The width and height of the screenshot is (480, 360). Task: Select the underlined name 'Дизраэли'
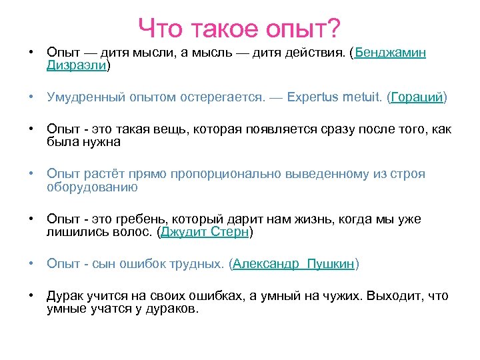pyautogui.click(x=76, y=65)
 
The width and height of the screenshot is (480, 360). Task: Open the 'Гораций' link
pyautogui.click(x=417, y=97)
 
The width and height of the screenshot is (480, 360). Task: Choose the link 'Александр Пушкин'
pyautogui.click(x=293, y=264)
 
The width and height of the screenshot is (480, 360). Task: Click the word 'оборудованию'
pyautogui.click(x=92, y=187)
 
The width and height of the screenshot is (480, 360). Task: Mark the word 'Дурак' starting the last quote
pyautogui.click(x=65, y=296)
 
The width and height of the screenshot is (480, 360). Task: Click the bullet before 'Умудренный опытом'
pyautogui.click(x=31, y=97)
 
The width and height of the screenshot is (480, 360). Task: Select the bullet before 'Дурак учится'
pyautogui.click(x=31, y=296)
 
